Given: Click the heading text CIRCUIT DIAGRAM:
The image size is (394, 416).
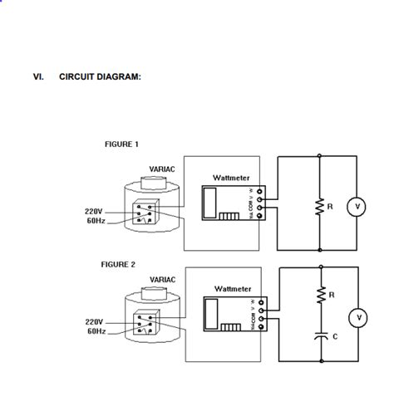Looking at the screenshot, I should pyautogui.click(x=100, y=77).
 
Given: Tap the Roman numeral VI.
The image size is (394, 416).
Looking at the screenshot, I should pyautogui.click(x=38, y=77).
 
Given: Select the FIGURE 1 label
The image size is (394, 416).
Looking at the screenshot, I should pyautogui.click(x=121, y=144).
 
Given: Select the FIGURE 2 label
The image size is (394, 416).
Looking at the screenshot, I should pyautogui.click(x=118, y=264).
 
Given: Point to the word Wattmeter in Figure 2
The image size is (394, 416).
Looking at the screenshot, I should pyautogui.click(x=233, y=288).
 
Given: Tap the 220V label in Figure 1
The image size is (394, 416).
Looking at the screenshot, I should pyautogui.click(x=94, y=211).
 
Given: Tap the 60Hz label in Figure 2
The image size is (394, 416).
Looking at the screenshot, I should pyautogui.click(x=96, y=331).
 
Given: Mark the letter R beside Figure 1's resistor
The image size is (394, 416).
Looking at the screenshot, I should pyautogui.click(x=331, y=207).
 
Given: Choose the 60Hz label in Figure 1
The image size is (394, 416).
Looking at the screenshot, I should pyautogui.click(x=96, y=222).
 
